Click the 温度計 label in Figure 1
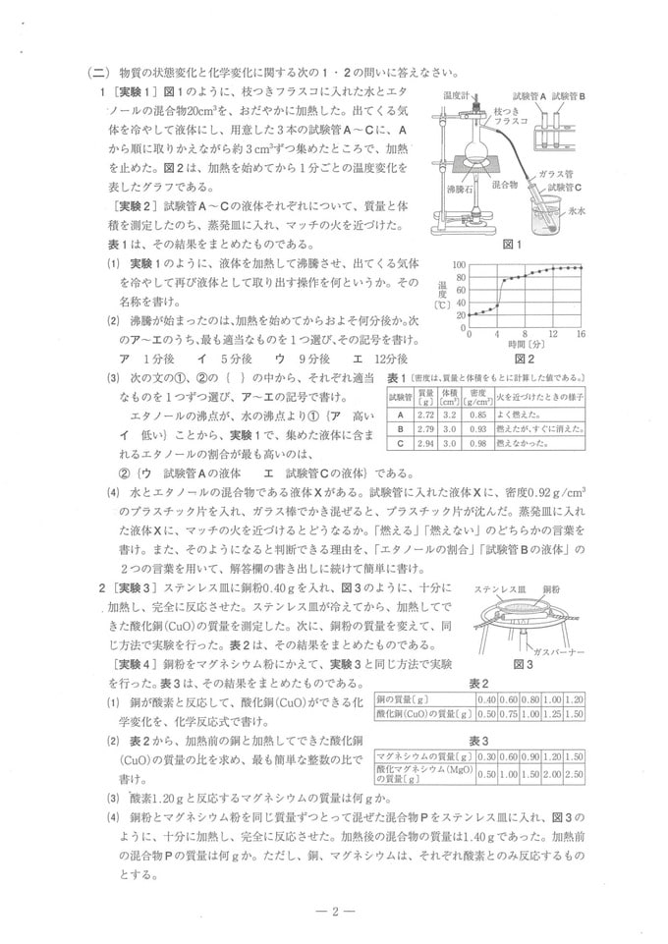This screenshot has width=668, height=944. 459,96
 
